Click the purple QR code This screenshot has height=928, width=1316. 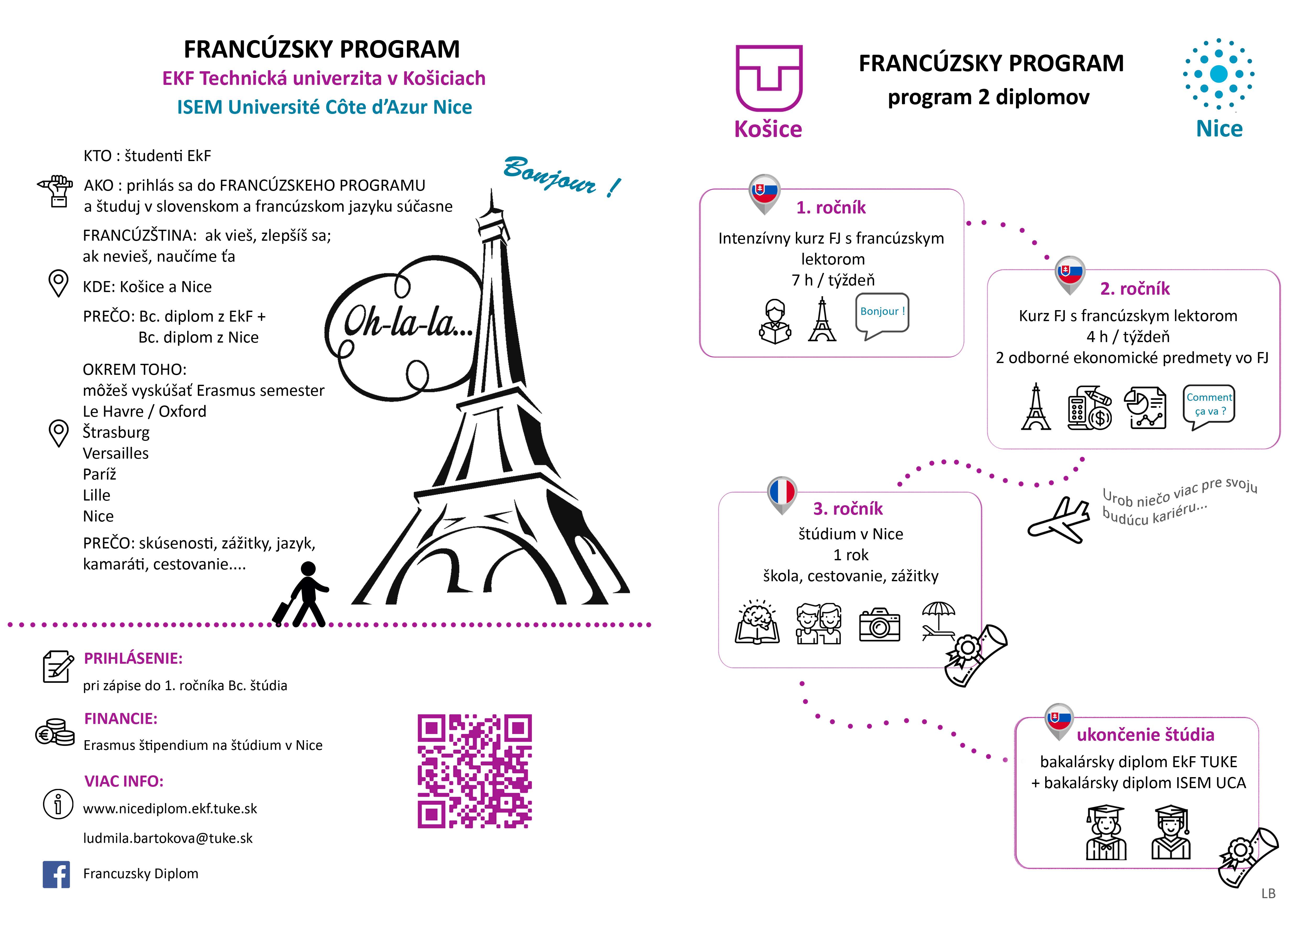coord(474,771)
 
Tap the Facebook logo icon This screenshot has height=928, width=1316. coord(56,874)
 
